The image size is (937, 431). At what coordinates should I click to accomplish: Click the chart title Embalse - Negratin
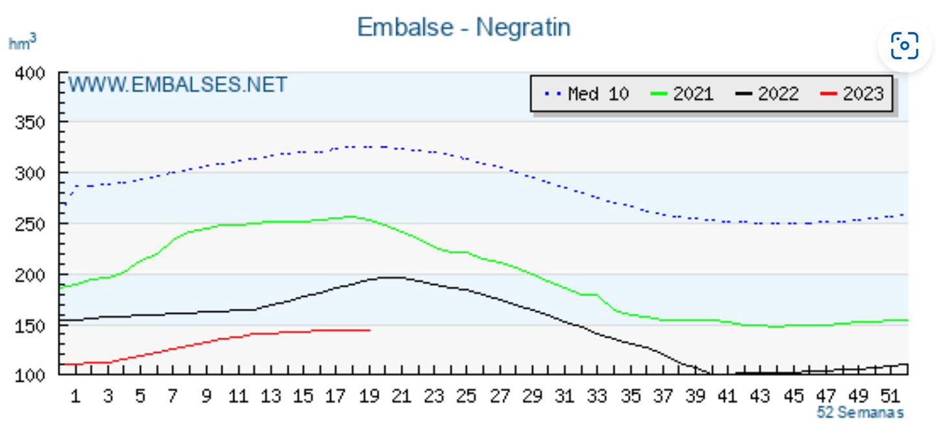tap(463, 27)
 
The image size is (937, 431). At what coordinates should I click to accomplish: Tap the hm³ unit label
tap(22, 43)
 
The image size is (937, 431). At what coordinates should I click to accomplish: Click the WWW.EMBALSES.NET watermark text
tap(177, 85)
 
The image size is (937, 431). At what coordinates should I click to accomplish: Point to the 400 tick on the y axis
tap(31, 73)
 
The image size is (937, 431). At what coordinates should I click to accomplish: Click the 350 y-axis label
tap(31, 122)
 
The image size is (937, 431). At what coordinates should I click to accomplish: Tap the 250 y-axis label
tap(31, 224)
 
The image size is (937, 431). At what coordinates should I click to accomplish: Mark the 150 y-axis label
tap(31, 325)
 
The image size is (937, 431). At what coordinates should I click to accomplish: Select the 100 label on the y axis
tap(31, 375)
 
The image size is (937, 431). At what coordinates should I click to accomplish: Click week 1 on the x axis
tap(75, 396)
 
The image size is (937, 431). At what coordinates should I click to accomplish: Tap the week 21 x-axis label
tap(402, 396)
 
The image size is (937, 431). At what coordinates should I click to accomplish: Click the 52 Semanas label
tap(860, 413)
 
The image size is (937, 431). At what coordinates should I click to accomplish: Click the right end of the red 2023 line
tap(369, 330)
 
